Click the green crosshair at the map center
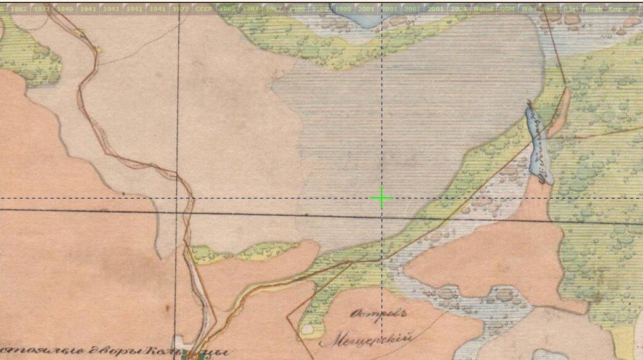tap(382, 198)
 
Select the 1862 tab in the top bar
tap(18, 9)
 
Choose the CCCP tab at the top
tap(203, 9)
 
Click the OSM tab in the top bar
tap(507, 9)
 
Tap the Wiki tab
tap(528, 9)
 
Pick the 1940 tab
tap(65, 9)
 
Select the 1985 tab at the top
tap(227, 9)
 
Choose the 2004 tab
tap(459, 9)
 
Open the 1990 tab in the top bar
tap(343, 9)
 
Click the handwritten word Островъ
tap(371, 314)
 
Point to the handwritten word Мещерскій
tap(365, 338)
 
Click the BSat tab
tap(570, 9)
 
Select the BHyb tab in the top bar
tap(593, 9)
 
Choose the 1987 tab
tap(250, 9)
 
